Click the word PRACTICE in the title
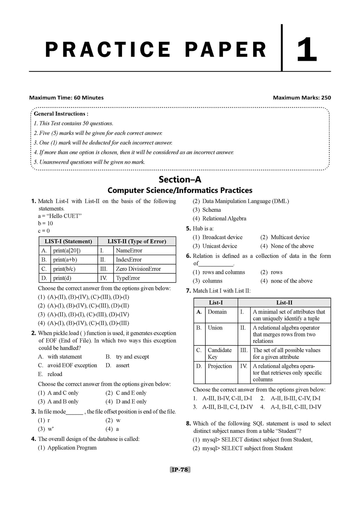[x=108, y=50]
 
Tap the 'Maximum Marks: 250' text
[x=302, y=98]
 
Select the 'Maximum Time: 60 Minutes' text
[x=66, y=98]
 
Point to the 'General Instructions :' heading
[x=61, y=114]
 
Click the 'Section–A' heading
[x=180, y=180]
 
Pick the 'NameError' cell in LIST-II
[x=129, y=251]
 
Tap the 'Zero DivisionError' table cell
[x=138, y=269]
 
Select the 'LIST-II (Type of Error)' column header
[x=136, y=241]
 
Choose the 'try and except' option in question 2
[x=132, y=357]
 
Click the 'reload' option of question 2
[x=55, y=374]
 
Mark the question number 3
[x=33, y=411]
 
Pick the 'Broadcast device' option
[x=222, y=237]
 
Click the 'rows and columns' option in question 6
[x=224, y=272]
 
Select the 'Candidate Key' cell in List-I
[x=219, y=353]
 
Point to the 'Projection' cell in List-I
[x=220, y=366]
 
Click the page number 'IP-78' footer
[x=180, y=469]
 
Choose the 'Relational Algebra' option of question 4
[x=224, y=219]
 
